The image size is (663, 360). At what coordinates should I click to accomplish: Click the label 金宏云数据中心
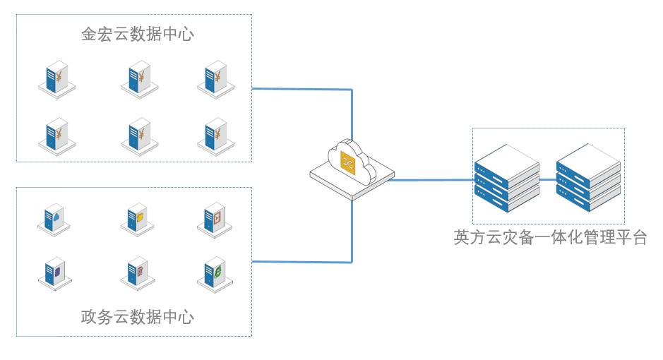click(137, 35)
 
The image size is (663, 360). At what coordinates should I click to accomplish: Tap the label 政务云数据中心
click(137, 316)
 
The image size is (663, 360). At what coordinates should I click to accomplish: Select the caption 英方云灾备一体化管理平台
click(550, 237)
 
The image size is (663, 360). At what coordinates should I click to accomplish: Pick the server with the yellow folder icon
click(138, 220)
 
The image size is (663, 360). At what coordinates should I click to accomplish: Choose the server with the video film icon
click(215, 220)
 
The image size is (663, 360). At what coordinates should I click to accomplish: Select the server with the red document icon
click(138, 272)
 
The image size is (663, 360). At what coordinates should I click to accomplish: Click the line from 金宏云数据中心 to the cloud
click(304, 89)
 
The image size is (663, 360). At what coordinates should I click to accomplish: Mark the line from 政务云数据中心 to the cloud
click(304, 262)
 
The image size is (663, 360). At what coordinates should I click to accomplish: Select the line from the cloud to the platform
click(431, 180)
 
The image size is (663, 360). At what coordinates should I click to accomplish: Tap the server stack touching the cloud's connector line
click(506, 178)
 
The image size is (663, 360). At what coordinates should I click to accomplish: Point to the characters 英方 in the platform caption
click(470, 237)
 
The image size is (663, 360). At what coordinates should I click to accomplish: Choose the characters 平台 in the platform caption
click(630, 237)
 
